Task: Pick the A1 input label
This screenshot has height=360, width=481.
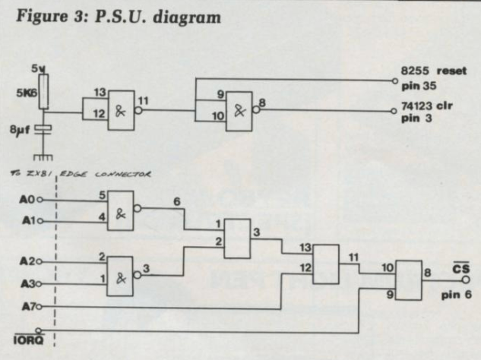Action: [27, 221]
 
